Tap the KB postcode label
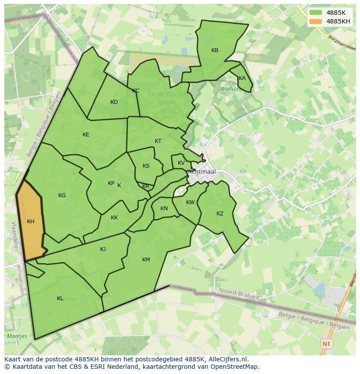[215, 50]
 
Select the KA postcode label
[242, 78]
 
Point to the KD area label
[114, 102]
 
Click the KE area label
[86, 135]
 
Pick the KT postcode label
[158, 141]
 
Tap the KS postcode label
[146, 166]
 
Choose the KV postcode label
[181, 163]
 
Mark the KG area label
[62, 195]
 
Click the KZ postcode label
[220, 214]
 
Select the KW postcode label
[190, 202]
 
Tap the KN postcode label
[164, 209]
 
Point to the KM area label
[146, 260]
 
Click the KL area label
[60, 298]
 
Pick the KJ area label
[103, 249]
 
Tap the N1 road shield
[327, 344]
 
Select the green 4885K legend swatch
[316, 13]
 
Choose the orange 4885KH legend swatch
[316, 21]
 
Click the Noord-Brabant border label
[240, 294]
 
